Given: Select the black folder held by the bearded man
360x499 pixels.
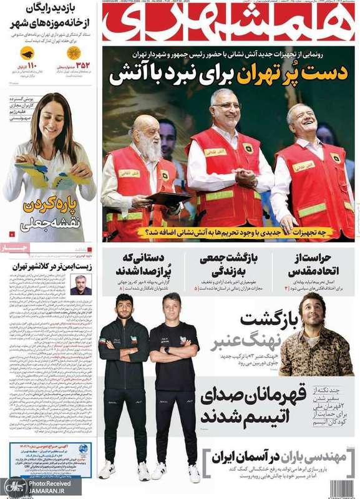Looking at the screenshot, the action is pos(168,198).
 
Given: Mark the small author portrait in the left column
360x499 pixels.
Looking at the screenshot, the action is pos(80,284).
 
